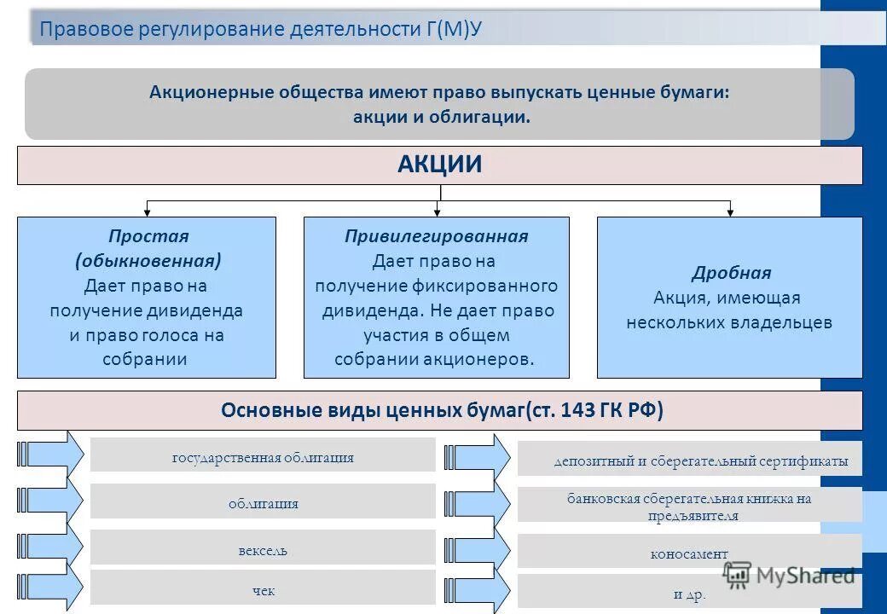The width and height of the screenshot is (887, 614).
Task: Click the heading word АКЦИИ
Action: click(439, 165)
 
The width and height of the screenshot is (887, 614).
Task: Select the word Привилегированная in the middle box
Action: click(436, 236)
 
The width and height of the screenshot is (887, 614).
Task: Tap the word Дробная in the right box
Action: click(731, 273)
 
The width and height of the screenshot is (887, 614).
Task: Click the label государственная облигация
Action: click(263, 458)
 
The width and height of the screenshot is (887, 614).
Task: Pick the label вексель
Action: click(263, 551)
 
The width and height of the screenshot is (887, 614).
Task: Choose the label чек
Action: click(263, 590)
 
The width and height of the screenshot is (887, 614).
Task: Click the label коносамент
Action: click(689, 554)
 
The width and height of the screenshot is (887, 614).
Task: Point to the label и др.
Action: click(689, 594)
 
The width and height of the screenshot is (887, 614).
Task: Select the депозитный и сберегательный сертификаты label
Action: click(700, 461)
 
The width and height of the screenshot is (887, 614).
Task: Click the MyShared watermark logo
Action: click(789, 576)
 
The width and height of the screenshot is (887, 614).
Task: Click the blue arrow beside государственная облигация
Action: click(51, 452)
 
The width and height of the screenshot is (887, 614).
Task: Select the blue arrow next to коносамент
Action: click(478, 549)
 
